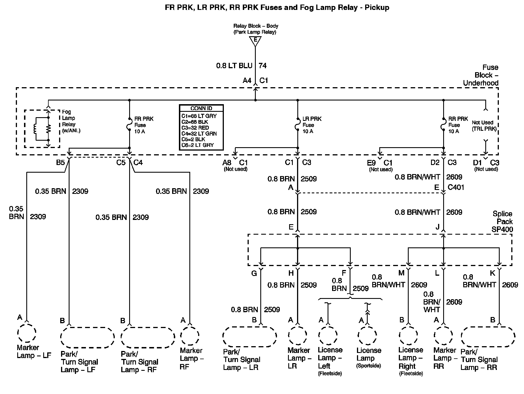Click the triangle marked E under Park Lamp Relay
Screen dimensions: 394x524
[255, 41]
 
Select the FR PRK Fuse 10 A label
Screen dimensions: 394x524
[144, 125]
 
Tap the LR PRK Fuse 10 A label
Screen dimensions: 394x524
[312, 125]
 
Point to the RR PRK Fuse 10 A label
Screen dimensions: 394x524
[458, 125]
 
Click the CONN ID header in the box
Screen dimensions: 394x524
[201, 108]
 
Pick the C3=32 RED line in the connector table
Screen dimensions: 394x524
[195, 128]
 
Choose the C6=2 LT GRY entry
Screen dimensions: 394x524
[198, 145]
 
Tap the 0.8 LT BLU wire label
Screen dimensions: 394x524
[234, 66]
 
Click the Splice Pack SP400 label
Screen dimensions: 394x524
[502, 222]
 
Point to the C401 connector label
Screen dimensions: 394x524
[456, 187]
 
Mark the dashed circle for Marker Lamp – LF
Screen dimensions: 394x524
[27, 333]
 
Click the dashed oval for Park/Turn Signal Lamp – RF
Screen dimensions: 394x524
[148, 337]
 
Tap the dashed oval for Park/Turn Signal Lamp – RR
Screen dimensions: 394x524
[488, 337]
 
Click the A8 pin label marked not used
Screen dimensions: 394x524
[227, 162]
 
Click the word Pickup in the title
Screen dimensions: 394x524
[377, 7]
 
